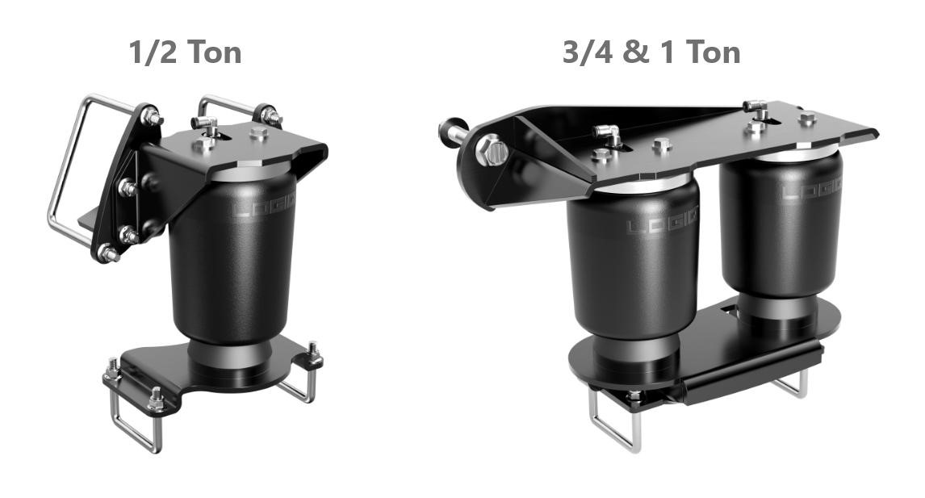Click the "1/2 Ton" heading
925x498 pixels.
pos(185,52)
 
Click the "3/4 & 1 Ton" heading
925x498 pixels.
pos(651,52)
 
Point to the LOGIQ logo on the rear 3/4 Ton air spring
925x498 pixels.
pos(811,192)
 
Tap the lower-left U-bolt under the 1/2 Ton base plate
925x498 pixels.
pos(133,420)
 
